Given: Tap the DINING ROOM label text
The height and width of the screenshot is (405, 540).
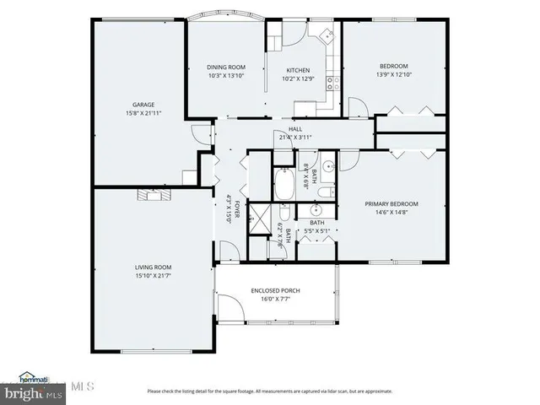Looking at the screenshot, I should (225, 67).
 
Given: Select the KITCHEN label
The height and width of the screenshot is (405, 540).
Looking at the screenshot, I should (298, 70).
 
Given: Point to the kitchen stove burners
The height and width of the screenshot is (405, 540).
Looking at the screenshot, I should (334, 83).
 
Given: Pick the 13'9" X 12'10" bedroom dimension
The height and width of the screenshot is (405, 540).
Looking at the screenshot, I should (393, 75).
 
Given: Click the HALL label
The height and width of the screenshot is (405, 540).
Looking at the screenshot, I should (295, 128).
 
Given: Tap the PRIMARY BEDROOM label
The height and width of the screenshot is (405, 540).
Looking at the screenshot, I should (391, 203).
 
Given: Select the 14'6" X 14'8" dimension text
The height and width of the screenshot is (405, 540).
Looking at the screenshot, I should (391, 213).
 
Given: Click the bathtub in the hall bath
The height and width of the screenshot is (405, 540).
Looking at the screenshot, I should (284, 185).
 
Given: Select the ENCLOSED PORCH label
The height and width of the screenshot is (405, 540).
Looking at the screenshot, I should (275, 290).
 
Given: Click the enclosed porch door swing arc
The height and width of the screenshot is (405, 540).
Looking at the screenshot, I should (226, 305).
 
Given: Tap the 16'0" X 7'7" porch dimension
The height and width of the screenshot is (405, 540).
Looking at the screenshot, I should (275, 300).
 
